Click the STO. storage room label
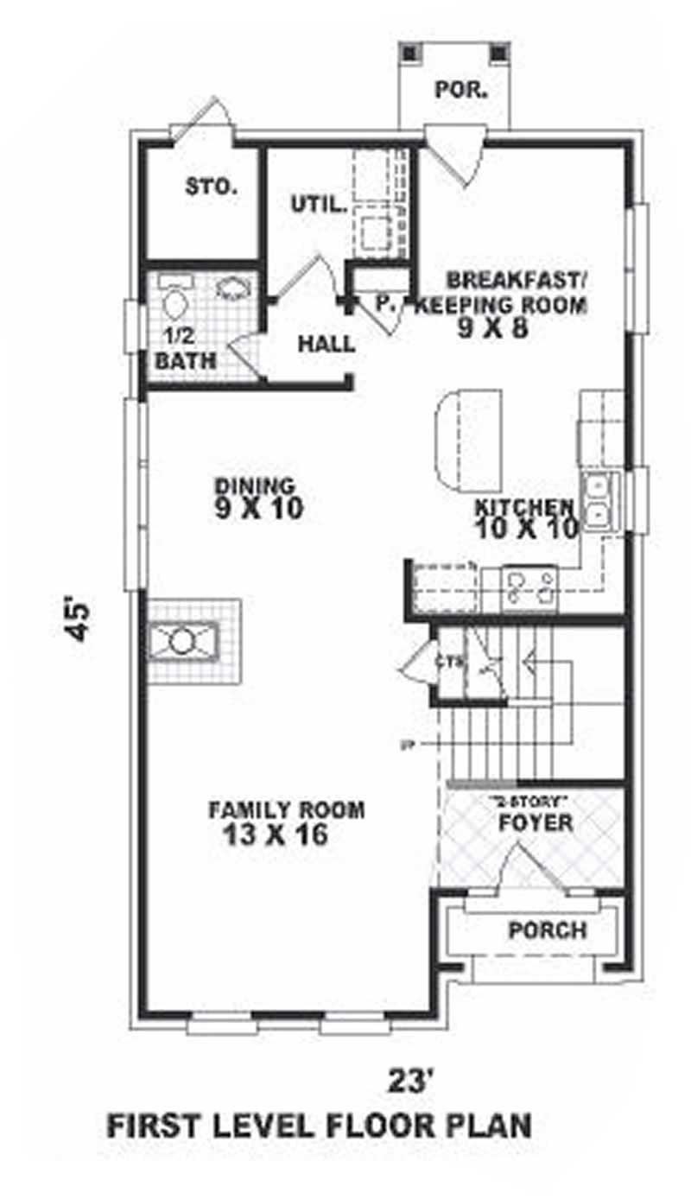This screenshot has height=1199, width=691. [x=211, y=186]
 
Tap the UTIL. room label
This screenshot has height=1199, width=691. [x=318, y=205]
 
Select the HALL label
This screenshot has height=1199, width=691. [x=326, y=344]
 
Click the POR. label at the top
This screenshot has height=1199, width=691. [x=458, y=88]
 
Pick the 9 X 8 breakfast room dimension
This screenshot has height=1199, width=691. [x=494, y=327]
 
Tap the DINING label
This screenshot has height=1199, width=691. [x=255, y=485]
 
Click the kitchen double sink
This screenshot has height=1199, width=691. [x=598, y=502]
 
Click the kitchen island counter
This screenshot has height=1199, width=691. [x=466, y=437]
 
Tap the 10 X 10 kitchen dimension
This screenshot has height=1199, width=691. [x=525, y=529]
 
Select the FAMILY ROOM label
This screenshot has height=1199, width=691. [x=286, y=810]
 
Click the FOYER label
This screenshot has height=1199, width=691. [x=536, y=823]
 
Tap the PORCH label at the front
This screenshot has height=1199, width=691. [x=547, y=930]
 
